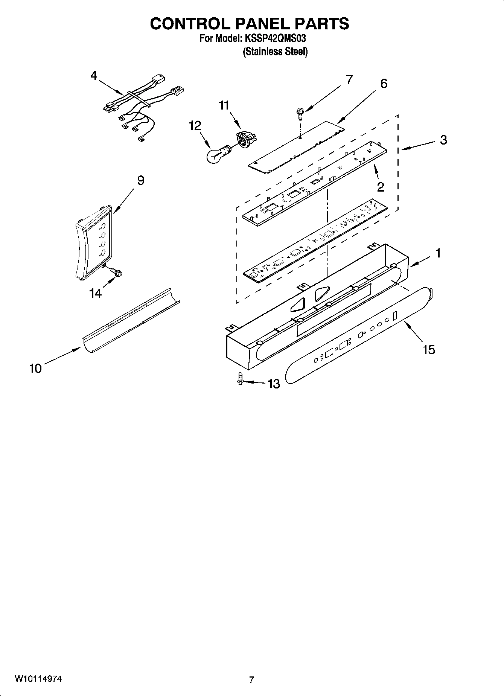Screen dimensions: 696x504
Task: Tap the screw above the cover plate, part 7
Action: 300,113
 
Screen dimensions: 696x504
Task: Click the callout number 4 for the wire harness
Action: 94,76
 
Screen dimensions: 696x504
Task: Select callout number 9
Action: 140,180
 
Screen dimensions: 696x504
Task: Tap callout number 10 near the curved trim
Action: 35,368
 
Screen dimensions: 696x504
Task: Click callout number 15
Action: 429,350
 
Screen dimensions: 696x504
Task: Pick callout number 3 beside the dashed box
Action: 443,140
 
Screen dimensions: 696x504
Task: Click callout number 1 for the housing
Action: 438,253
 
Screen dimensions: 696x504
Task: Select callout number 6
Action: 383,84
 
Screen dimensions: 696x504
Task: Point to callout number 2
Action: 381,187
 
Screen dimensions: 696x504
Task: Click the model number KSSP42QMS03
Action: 278,38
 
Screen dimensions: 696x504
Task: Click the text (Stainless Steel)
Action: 275,52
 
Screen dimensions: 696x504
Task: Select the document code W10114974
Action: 38,679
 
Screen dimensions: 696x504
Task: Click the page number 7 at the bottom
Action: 251,680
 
